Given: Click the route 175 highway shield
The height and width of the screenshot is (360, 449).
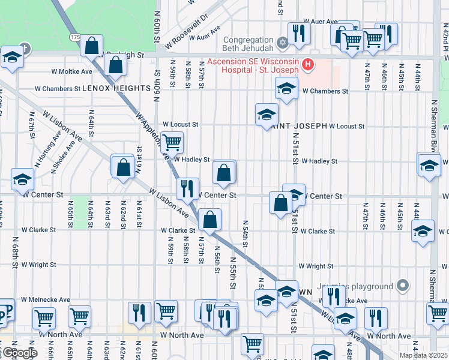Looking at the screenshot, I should click(x=74, y=37).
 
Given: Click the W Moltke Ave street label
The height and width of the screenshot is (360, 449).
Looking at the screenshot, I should click(x=71, y=71).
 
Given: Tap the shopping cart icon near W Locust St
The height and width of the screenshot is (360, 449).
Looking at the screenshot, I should click(x=172, y=142).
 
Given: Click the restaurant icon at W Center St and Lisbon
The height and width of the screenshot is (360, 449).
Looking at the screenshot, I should click(x=187, y=188).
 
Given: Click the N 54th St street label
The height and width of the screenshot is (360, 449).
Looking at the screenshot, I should click(x=246, y=233).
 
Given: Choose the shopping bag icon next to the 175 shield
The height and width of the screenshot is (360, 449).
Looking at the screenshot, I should click(x=92, y=45).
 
